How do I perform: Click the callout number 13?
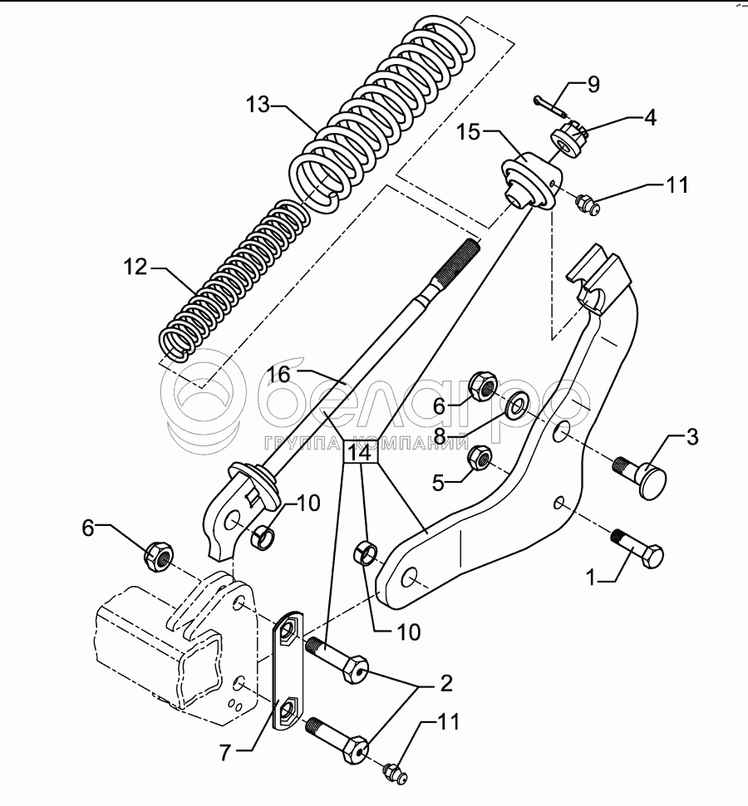[258, 106]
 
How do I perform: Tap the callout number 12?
[135, 268]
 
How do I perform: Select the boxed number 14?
[361, 454]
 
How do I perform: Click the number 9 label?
[593, 85]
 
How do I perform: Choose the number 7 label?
[224, 754]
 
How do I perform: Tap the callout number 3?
[691, 435]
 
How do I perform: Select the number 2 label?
[446, 684]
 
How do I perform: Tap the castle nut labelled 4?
[572, 136]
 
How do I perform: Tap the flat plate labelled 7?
[287, 674]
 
